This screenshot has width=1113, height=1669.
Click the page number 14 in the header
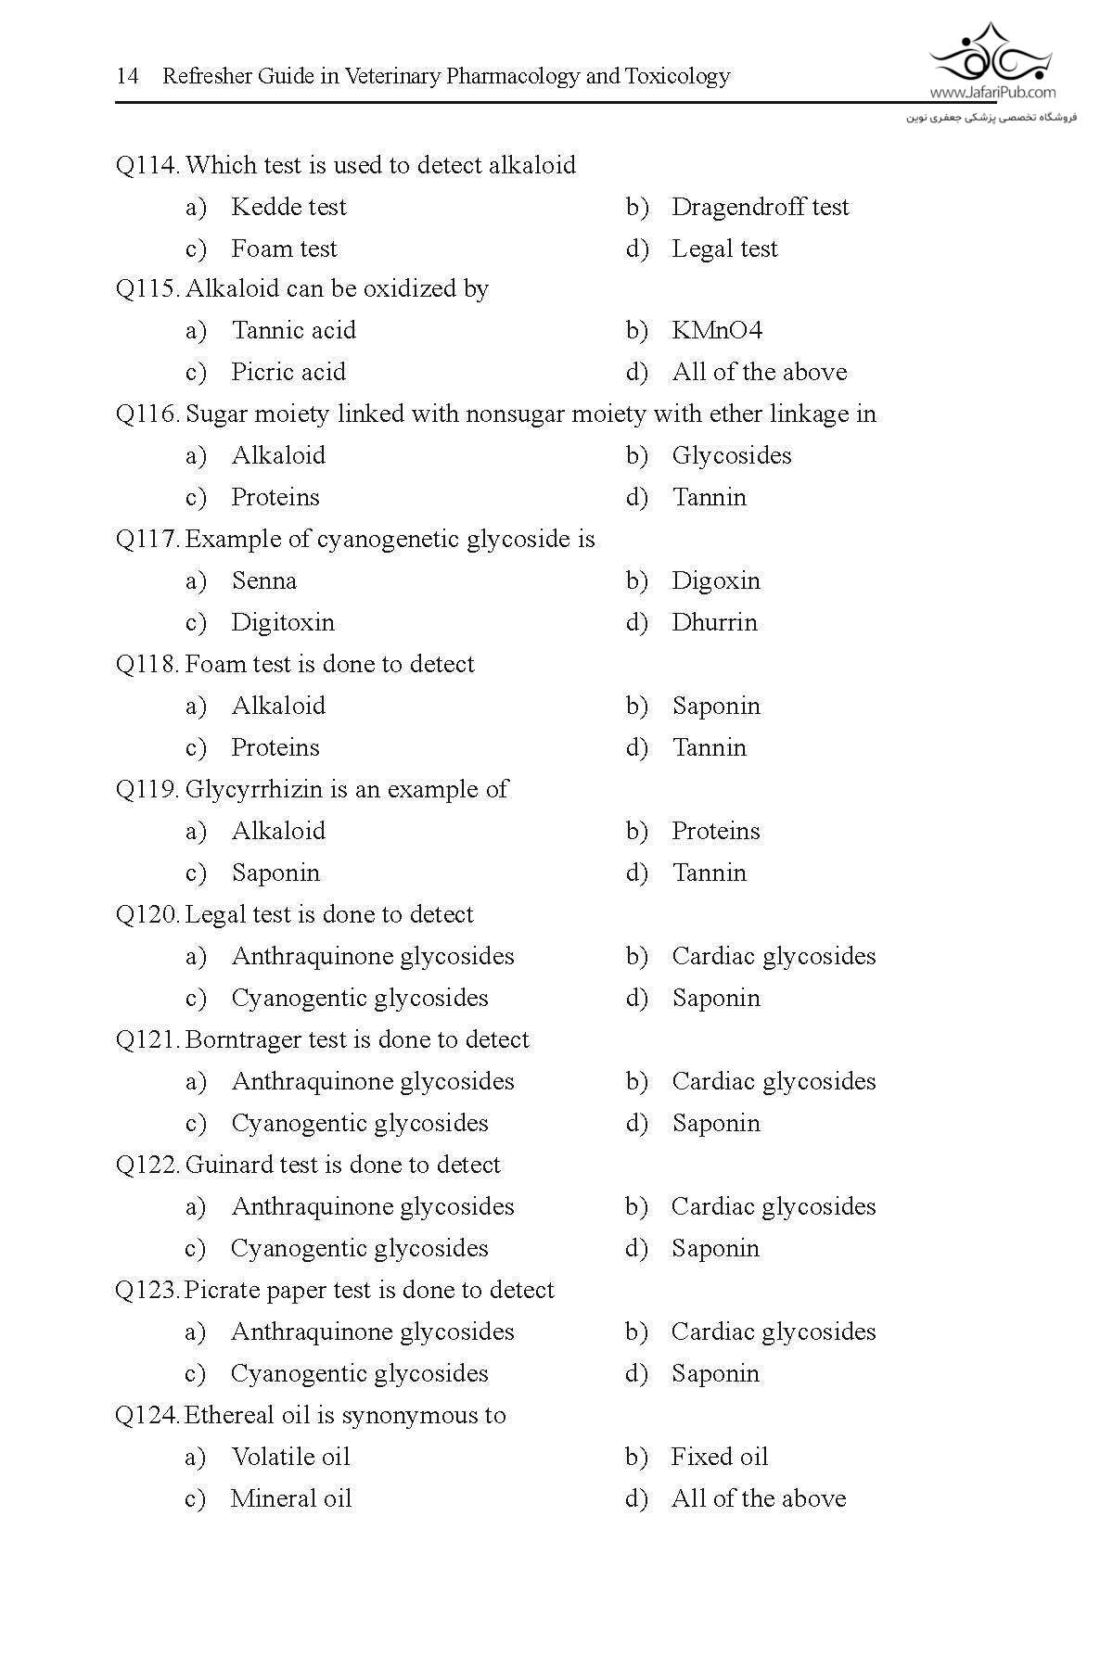[127, 76]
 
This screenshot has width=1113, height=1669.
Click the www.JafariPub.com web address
[991, 92]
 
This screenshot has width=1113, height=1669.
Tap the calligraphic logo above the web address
[991, 52]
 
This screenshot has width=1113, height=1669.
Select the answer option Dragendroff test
[760, 207]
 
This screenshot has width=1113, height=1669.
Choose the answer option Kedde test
[288, 207]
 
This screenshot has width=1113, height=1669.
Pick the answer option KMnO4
[717, 330]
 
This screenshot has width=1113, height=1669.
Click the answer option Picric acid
[288, 372]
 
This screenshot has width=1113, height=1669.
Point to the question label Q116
[147, 414]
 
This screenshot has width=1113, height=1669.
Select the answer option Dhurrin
[714, 622]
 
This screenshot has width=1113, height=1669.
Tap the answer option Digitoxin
[283, 622]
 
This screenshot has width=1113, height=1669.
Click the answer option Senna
[264, 580]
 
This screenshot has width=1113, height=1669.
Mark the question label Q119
[147, 789]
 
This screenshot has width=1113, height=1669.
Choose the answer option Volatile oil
[290, 1457]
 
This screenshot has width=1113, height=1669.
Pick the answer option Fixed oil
[720, 1457]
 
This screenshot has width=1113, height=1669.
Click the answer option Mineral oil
[291, 1498]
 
